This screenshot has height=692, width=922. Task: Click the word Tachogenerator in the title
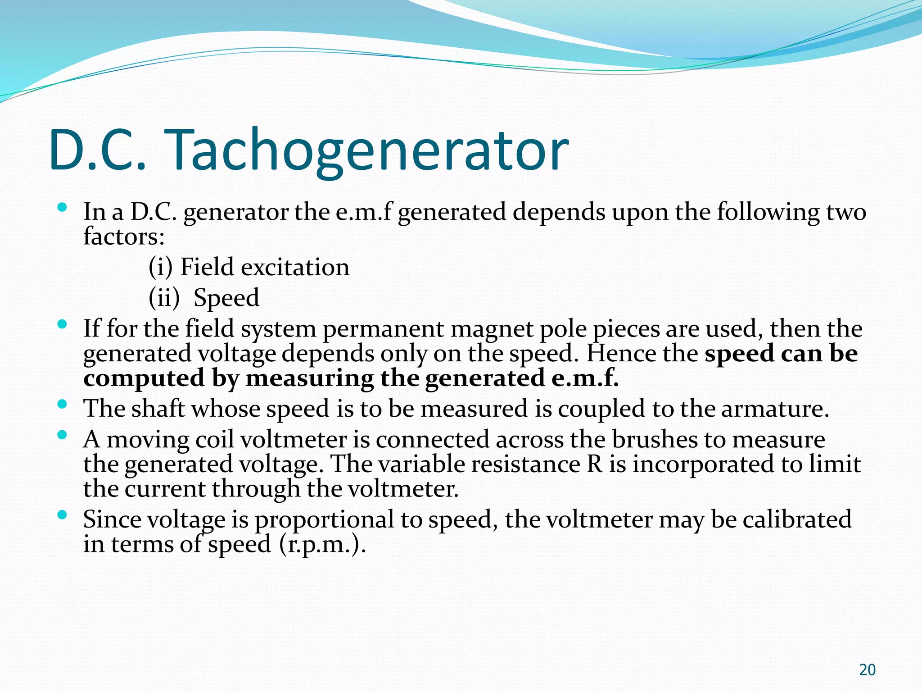point(368,151)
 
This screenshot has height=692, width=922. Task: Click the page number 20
point(867,670)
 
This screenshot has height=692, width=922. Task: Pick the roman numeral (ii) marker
point(164,298)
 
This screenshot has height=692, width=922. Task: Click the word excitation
point(295,267)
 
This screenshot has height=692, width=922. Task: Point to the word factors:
point(124,236)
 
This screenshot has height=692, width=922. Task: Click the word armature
point(774,409)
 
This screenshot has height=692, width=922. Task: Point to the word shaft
point(158,409)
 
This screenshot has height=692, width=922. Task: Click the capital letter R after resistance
point(595,464)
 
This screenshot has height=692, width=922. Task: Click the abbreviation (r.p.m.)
point(322,544)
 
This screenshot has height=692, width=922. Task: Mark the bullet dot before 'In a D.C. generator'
point(63,207)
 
